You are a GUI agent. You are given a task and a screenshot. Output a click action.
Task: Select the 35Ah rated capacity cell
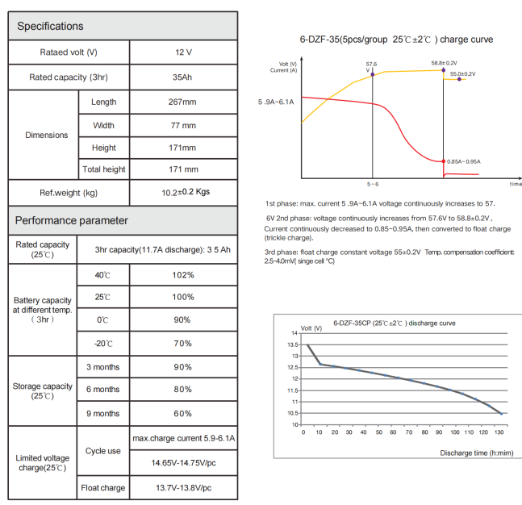point(184,78)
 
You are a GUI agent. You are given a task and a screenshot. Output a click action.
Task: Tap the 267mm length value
point(184,102)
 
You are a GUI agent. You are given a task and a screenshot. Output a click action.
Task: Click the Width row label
point(104,126)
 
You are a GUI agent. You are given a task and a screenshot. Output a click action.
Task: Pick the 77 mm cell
point(184,126)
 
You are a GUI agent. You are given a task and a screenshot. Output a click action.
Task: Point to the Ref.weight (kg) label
point(69,193)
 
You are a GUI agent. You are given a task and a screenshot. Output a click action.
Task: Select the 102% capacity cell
point(184,275)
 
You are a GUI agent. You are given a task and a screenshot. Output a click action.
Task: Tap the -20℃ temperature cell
point(104,344)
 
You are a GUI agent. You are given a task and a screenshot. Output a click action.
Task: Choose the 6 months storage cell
point(104,390)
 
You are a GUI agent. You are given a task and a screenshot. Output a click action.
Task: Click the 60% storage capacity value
point(184,413)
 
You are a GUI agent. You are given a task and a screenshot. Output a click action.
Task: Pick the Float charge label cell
point(104,488)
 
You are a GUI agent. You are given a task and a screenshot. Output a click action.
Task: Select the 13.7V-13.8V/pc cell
point(184,488)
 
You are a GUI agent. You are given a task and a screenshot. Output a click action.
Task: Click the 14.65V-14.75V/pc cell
point(184,463)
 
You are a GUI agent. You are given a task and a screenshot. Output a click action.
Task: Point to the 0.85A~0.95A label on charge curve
point(463,161)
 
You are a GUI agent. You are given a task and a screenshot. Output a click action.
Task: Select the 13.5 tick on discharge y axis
point(293,344)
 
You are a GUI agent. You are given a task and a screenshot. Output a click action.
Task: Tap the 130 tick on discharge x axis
point(500,432)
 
